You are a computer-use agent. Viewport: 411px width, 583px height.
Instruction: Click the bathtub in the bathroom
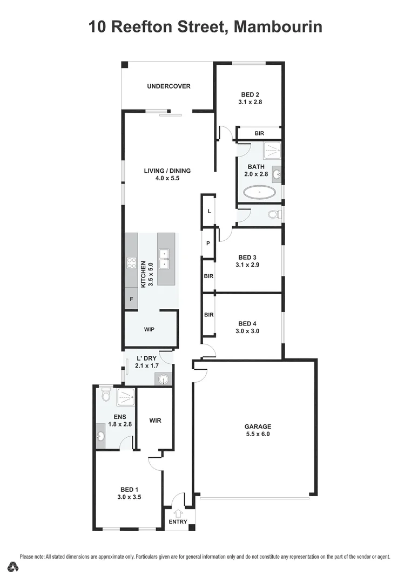point(259,192)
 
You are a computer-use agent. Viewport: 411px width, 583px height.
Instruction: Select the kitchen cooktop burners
point(131,263)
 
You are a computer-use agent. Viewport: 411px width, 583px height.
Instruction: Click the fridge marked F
point(131,298)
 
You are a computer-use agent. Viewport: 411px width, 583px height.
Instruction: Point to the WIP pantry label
point(150,329)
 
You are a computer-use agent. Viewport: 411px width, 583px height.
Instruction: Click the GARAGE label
point(258,426)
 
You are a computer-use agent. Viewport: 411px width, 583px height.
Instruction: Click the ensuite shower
point(126,397)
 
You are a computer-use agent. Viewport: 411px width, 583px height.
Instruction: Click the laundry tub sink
point(164,380)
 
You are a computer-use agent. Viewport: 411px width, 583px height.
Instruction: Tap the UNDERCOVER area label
point(169,86)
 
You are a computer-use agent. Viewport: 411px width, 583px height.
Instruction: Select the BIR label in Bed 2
point(259,133)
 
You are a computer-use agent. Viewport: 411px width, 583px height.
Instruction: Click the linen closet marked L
point(209,211)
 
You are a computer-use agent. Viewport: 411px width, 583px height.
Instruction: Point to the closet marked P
point(208,243)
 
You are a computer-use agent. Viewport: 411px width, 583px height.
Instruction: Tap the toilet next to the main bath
point(273,215)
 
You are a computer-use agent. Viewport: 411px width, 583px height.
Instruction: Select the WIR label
point(155,421)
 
